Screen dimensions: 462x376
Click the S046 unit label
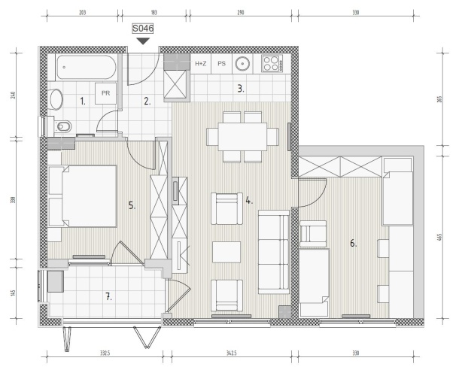pos(143,29)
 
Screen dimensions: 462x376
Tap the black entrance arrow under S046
pos(143,41)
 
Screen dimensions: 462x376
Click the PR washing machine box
pos(105,93)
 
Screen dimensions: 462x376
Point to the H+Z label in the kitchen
pos(200,64)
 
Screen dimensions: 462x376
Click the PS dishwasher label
pos(221,64)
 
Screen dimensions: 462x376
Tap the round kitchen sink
pos(242,64)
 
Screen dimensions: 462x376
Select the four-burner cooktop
pos(272,64)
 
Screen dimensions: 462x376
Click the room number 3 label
pos(241,89)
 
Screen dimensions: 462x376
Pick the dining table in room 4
pos(242,137)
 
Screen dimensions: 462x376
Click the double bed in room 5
pos(89,196)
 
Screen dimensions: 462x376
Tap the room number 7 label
pos(108,297)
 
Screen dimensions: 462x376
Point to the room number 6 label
pos(353,244)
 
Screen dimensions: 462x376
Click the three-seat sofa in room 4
pos(274,252)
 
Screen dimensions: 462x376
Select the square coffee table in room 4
pos(226,252)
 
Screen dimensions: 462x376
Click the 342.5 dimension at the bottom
pos(231,353)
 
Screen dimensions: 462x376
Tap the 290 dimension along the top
pos(241,13)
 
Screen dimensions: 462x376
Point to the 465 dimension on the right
pos(439,237)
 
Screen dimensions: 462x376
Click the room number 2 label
pos(147,102)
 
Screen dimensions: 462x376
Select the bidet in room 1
pos(63,126)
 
